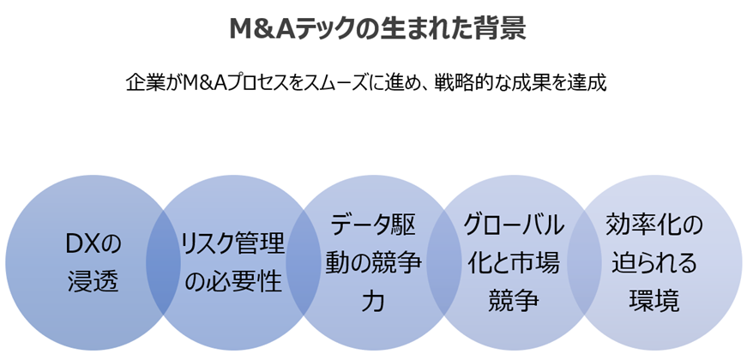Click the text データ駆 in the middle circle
(373, 226)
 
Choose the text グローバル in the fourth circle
(513, 226)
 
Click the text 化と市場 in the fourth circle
(513, 263)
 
